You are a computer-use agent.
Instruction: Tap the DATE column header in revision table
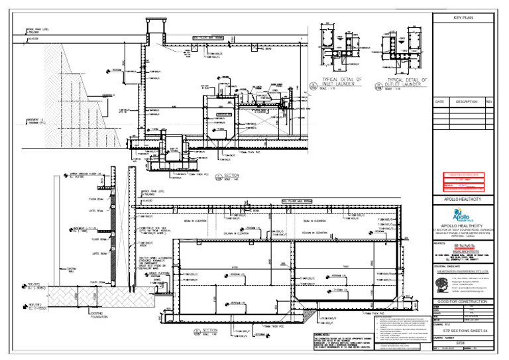coord(439,101)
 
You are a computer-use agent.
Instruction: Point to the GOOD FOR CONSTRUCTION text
coord(463,302)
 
